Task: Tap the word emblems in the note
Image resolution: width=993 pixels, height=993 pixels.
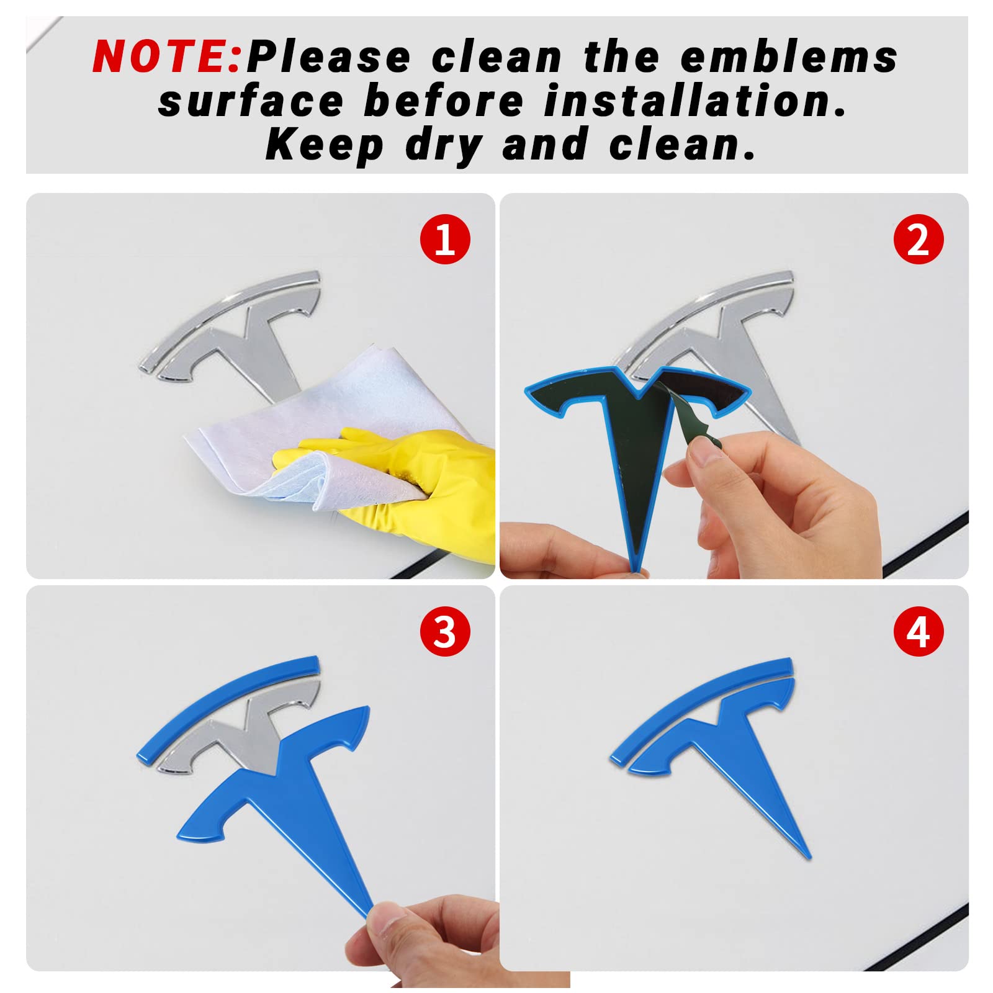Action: [789, 56]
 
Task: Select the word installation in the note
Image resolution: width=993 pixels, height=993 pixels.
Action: [694, 102]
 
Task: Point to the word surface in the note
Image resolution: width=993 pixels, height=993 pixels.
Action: [251, 102]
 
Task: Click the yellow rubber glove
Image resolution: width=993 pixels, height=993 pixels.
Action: [403, 484]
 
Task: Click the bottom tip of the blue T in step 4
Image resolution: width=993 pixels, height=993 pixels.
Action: [809, 858]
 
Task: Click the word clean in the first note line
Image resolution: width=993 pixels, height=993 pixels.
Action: [496, 56]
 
